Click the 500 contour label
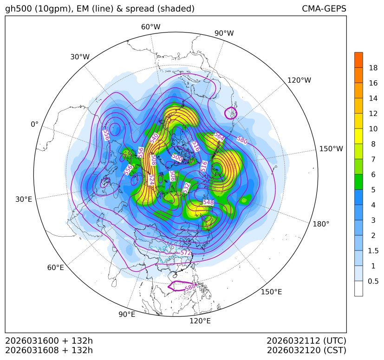click(177, 157)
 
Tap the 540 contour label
click(154, 138)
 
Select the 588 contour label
click(190, 288)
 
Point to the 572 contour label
click(186, 252)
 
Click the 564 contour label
click(219, 136)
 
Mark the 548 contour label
click(208, 202)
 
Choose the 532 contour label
click(186, 187)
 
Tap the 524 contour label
click(151, 180)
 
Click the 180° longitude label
click(321, 224)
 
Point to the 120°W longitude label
click(299, 80)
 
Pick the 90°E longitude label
click(127, 314)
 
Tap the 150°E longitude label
click(271, 291)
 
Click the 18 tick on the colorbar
click(373, 68)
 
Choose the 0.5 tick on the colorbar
click(373, 281)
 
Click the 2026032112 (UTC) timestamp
click(306, 341)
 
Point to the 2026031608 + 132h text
click(49, 350)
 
